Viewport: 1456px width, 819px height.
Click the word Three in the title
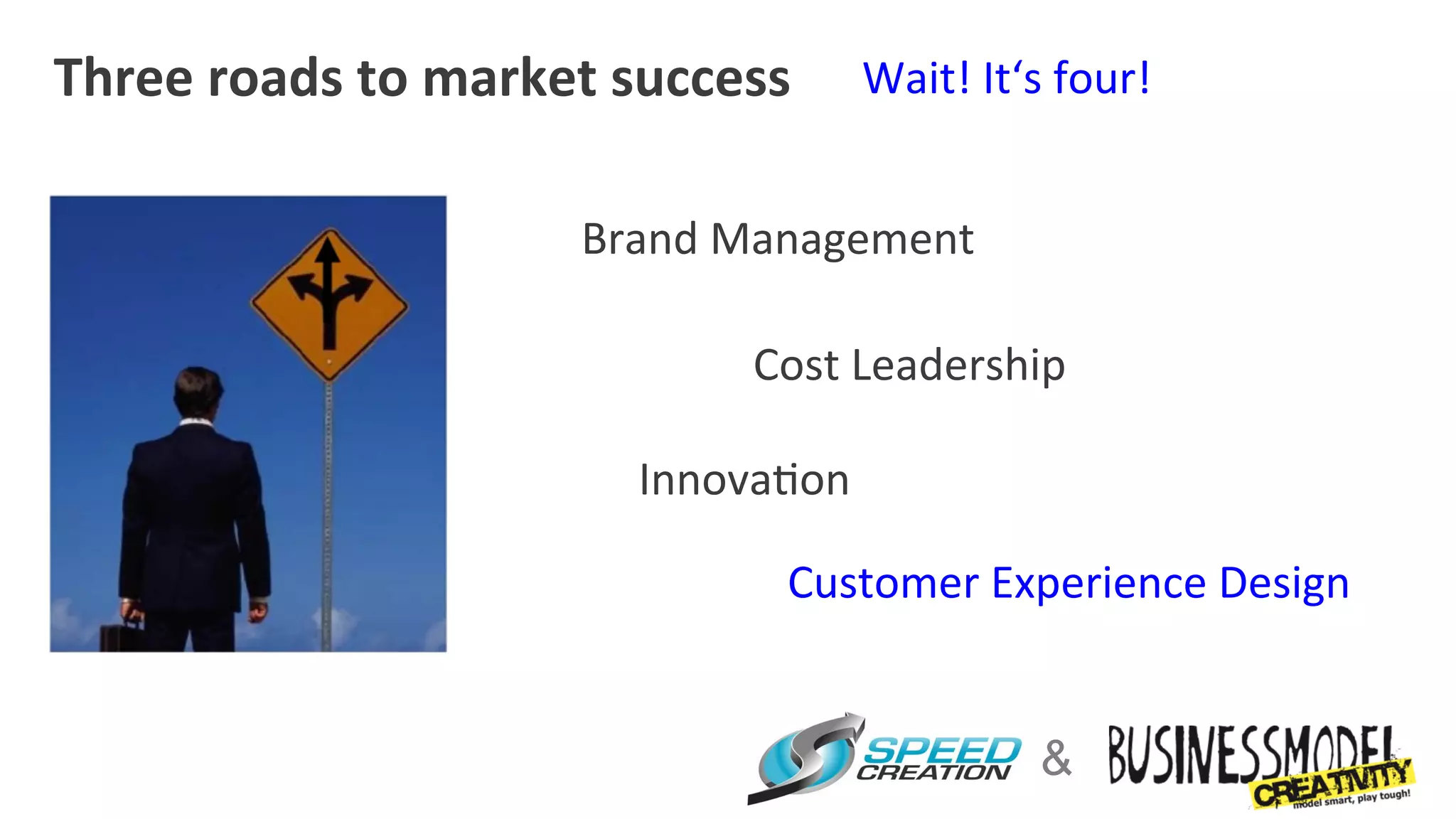tap(123, 77)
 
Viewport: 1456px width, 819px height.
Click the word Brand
tap(639, 239)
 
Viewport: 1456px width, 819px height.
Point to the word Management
tap(842, 240)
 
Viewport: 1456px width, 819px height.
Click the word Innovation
tap(744, 480)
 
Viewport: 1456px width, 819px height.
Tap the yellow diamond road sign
tap(329, 304)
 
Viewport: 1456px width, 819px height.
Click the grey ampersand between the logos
tap(1056, 758)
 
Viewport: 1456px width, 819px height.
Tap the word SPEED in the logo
tap(941, 751)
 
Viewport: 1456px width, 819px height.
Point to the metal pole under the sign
tap(328, 512)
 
